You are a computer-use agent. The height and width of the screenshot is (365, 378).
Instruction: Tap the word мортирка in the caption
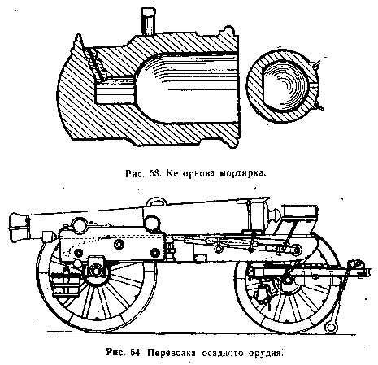[x=241, y=173]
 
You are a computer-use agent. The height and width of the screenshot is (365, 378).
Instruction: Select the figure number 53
[x=156, y=173]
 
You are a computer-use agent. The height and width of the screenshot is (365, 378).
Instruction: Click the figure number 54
[x=135, y=353]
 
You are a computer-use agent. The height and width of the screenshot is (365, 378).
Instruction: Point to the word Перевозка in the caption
[x=172, y=354]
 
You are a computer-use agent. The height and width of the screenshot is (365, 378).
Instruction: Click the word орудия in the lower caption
[x=265, y=354]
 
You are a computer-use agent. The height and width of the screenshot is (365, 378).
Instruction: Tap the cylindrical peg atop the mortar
[x=148, y=20]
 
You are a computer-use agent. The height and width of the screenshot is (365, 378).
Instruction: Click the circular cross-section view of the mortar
[x=283, y=86]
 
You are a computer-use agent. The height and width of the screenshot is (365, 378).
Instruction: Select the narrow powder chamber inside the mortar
[x=115, y=90]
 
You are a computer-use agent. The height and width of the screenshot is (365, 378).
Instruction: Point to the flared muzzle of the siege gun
[x=19, y=227]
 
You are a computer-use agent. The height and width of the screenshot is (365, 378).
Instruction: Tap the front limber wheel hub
[x=287, y=279]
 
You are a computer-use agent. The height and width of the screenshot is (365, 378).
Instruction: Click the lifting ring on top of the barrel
[x=156, y=200]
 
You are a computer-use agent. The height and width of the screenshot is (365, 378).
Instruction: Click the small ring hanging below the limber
[x=331, y=327]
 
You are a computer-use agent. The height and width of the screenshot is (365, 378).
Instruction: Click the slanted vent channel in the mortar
[x=95, y=64]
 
